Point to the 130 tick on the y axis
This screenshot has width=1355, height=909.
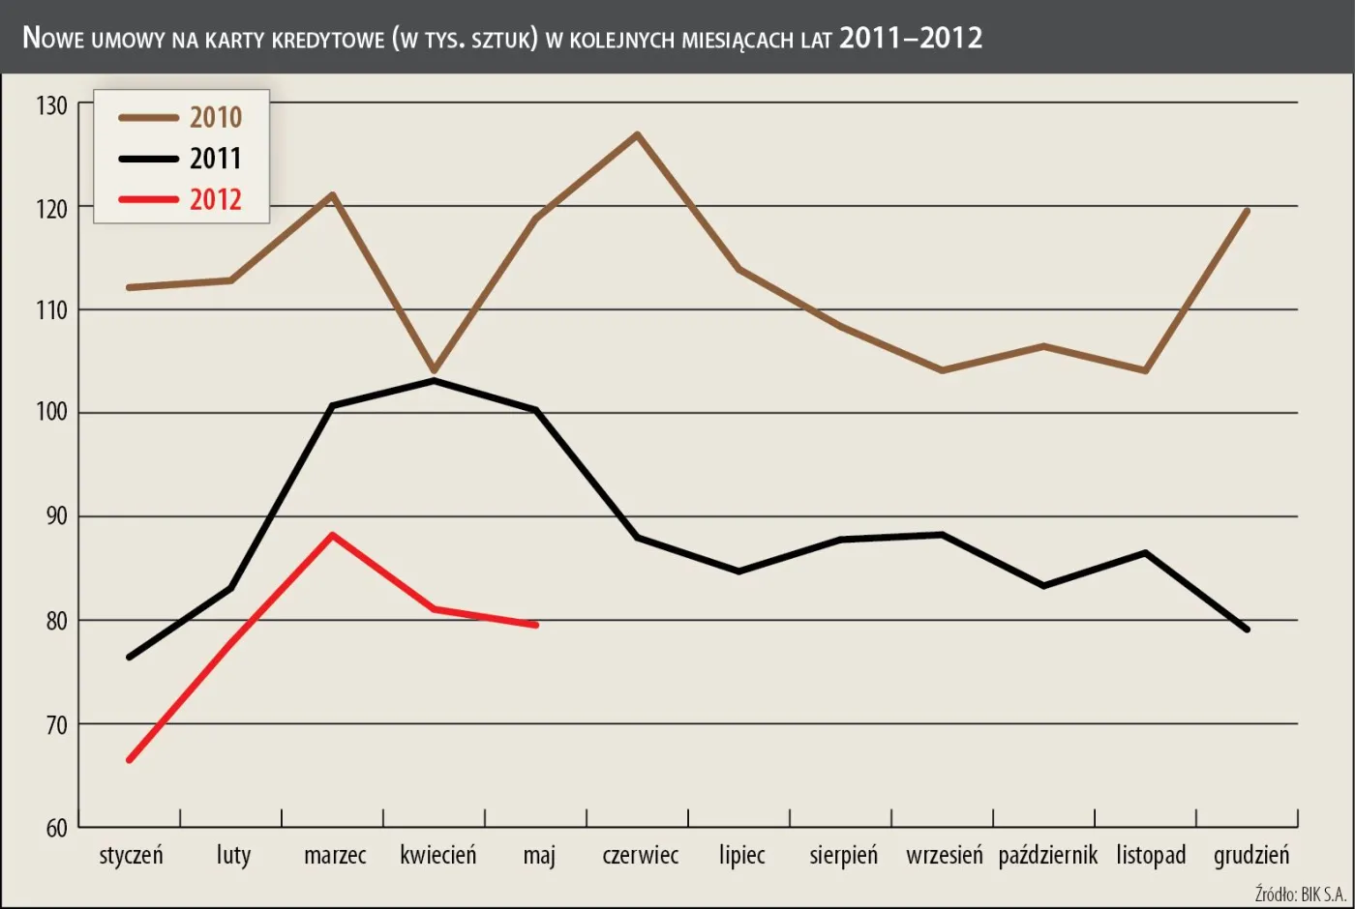[51, 105]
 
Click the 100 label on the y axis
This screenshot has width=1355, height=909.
[51, 413]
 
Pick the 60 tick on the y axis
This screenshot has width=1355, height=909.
[56, 828]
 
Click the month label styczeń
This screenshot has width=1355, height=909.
[131, 856]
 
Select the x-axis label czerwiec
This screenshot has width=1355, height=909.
[640, 856]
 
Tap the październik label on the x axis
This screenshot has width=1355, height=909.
[1047, 856]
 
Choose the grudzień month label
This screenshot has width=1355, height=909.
[1250, 856]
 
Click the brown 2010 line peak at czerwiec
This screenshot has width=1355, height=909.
[637, 133]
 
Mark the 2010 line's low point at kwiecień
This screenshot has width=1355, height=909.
[434, 370]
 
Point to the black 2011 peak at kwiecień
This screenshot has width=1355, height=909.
[434, 380]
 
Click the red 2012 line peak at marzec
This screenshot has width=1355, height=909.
[332, 535]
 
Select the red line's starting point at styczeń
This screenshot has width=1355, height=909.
[130, 760]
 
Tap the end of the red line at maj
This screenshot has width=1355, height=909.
[535, 626]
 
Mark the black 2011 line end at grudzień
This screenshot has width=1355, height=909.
[1247, 630]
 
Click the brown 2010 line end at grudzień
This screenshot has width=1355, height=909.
[1247, 211]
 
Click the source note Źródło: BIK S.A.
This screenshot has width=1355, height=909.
[1300, 894]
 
